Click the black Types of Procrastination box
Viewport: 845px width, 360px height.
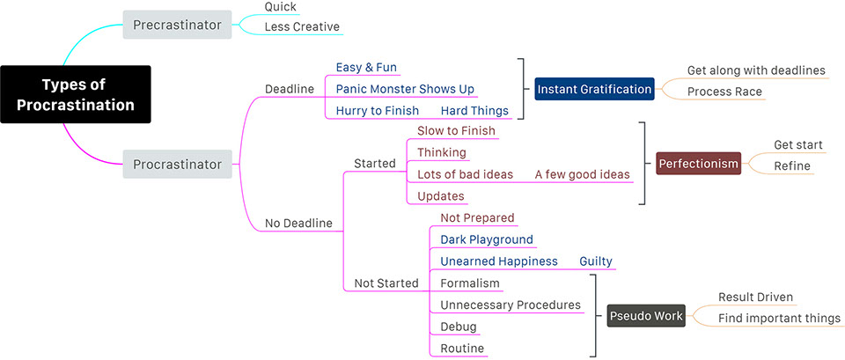(76, 94)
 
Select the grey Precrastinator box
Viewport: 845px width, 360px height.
(177, 25)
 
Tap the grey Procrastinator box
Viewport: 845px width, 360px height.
(177, 164)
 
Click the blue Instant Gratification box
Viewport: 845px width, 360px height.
(594, 89)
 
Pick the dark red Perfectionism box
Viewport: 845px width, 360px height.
(698, 164)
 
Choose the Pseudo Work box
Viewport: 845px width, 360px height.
(646, 316)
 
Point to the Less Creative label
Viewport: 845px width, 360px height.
(302, 27)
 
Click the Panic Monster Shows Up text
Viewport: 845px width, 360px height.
(405, 89)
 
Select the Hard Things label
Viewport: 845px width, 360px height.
(474, 111)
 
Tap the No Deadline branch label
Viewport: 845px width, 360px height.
(298, 223)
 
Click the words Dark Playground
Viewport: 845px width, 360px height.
(487, 239)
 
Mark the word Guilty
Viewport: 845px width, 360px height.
(596, 261)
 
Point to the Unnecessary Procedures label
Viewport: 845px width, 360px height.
(511, 305)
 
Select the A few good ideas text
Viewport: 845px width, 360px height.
(582, 174)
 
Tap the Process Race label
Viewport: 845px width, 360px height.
(724, 92)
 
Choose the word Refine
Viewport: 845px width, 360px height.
(792, 166)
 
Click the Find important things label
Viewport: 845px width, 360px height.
(779, 319)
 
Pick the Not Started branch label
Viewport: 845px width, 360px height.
(386, 283)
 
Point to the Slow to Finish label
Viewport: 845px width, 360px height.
(456, 130)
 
